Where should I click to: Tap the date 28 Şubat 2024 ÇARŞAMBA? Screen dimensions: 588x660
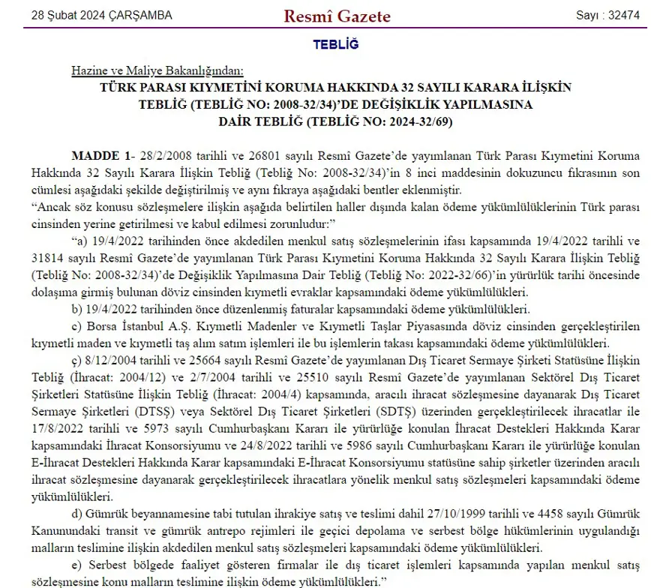(x=102, y=16)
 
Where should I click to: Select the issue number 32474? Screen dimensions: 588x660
(x=624, y=16)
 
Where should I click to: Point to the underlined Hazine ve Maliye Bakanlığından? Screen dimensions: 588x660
(x=157, y=71)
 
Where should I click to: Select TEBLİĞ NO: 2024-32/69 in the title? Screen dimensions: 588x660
(x=382, y=121)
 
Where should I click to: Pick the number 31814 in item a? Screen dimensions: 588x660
(x=52, y=259)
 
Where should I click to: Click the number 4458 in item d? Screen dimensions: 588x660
(x=533, y=514)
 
